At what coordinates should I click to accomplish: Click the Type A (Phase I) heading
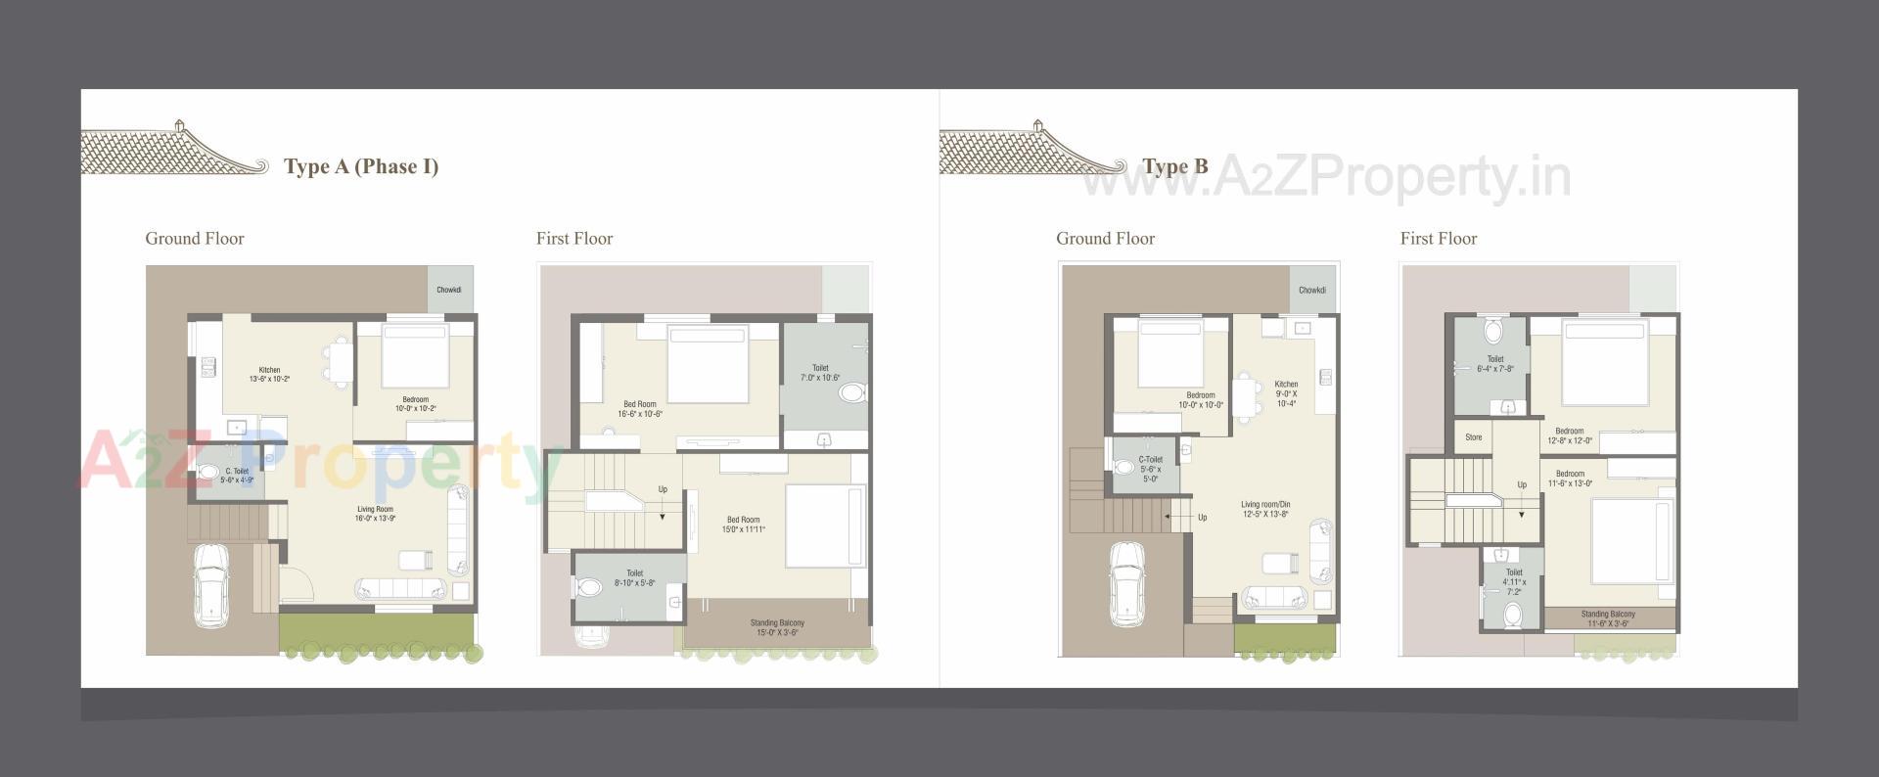coord(360,166)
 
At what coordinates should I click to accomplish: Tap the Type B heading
coord(1174,166)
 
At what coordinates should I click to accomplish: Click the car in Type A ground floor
coord(210,584)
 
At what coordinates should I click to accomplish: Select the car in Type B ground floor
coord(1125,583)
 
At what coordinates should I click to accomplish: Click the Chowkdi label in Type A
coord(449,290)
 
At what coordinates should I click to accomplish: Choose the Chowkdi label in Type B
coord(1311,290)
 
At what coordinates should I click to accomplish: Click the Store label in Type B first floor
coord(1473,437)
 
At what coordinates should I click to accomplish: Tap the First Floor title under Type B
coord(1438,239)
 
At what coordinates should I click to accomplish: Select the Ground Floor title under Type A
coord(195,239)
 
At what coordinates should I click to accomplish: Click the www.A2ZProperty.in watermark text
coord(1326,178)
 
